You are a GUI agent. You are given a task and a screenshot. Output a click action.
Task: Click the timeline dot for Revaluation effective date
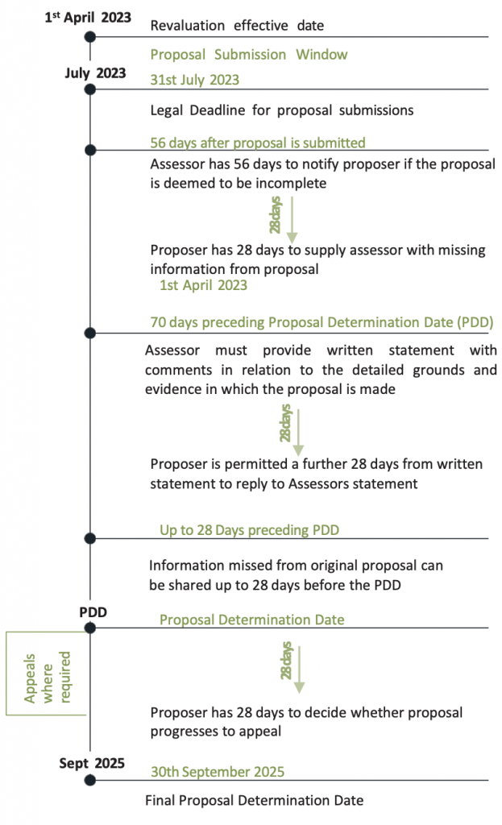tap(90, 37)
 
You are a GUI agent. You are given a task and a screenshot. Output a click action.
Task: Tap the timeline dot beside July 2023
tap(90, 89)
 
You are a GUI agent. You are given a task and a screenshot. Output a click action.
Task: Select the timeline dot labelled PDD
tap(90, 628)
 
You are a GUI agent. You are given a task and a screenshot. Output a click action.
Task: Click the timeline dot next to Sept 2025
tap(90, 780)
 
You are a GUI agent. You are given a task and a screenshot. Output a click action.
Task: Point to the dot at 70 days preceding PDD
tap(90, 333)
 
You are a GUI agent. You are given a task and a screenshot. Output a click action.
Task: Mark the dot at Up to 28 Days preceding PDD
tap(90, 538)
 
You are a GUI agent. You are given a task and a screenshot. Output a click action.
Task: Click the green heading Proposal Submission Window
tap(249, 55)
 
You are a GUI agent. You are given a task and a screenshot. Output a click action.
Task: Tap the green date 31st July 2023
tap(195, 80)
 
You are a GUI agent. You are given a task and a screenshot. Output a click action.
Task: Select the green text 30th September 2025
tap(218, 772)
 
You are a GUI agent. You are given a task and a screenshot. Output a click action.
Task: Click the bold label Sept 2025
tap(92, 764)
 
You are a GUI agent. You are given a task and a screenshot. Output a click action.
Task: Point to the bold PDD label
tap(93, 612)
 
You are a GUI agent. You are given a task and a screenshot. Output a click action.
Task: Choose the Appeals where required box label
tap(47, 678)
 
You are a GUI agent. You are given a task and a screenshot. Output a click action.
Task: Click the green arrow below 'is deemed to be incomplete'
tap(292, 220)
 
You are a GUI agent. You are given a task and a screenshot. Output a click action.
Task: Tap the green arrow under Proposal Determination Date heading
tap(299, 670)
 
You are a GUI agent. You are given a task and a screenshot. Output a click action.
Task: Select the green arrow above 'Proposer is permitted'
tap(298, 433)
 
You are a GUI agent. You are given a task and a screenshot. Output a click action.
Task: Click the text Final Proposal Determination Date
tap(254, 801)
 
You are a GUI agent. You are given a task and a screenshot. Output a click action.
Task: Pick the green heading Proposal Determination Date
tap(252, 620)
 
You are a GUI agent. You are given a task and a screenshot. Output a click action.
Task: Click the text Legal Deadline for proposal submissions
tap(281, 110)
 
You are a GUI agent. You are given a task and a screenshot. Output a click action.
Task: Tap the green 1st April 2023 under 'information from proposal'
tap(203, 285)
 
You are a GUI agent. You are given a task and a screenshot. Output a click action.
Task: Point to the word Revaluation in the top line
tap(187, 26)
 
